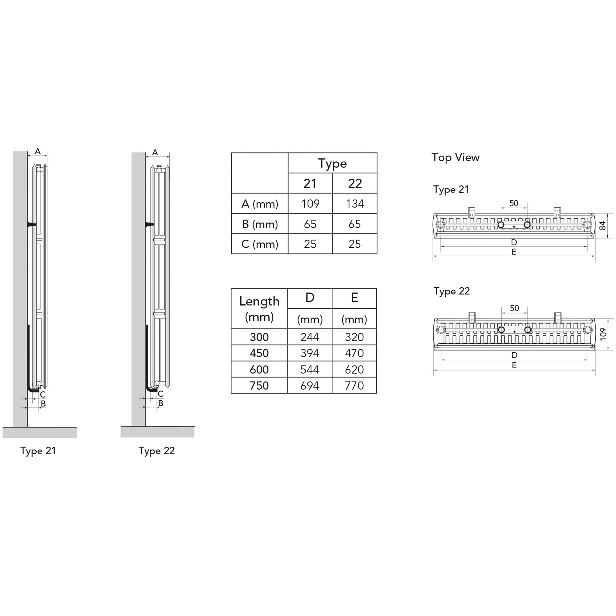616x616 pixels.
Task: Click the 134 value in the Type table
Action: coord(355,204)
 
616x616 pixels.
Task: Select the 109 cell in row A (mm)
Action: coord(310,204)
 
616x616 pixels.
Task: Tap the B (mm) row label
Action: coord(260,224)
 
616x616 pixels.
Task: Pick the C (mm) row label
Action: coord(260,244)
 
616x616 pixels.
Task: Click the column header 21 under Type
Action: coord(310,184)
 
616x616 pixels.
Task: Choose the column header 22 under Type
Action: coord(355,184)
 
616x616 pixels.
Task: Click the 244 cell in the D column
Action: coord(310,337)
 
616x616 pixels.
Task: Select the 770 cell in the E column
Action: coord(354,386)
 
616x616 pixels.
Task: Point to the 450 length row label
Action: coord(259,353)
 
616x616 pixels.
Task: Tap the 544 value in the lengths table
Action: coord(310,370)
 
